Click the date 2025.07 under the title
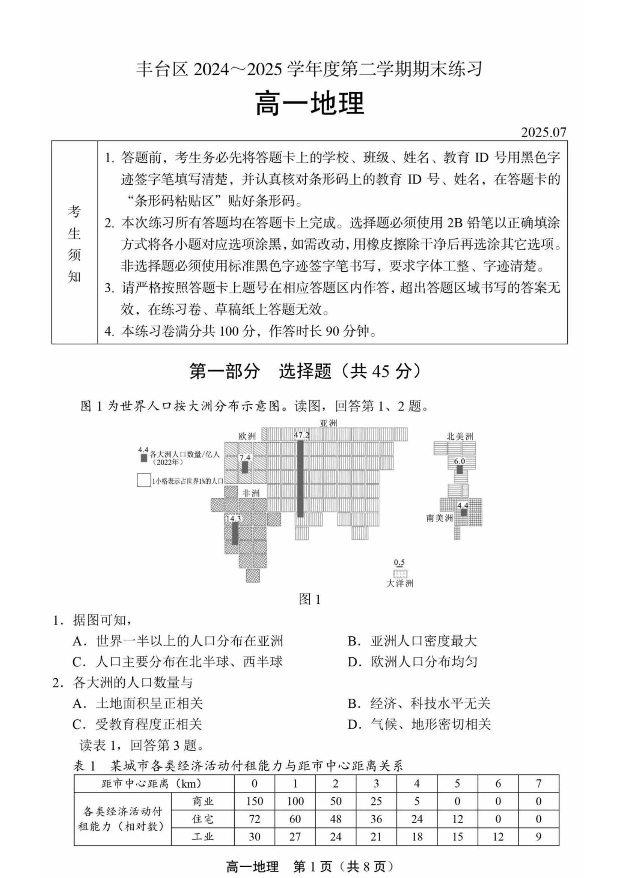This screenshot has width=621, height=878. (543, 132)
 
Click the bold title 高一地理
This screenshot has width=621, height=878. (309, 104)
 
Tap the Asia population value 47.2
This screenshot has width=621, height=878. (301, 435)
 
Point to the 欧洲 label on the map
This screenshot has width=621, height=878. (247, 436)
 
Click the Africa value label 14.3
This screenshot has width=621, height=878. (233, 519)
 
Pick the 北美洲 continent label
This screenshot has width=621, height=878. (460, 436)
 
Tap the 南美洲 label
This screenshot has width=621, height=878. (439, 518)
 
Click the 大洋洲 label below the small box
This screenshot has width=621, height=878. (399, 583)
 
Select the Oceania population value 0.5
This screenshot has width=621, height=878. (399, 562)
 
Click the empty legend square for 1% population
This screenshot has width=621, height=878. (143, 480)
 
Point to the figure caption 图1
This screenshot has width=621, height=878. (309, 600)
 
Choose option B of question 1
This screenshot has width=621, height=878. (413, 641)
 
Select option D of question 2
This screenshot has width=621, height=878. (419, 724)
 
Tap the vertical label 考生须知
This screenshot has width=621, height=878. (74, 243)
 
